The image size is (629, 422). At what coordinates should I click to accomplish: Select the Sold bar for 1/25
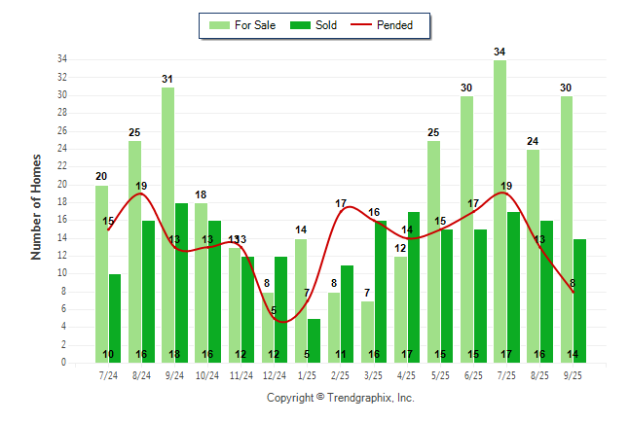click(x=314, y=340)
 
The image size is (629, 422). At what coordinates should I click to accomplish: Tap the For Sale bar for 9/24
click(x=168, y=225)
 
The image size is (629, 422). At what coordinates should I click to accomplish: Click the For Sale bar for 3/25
click(x=367, y=332)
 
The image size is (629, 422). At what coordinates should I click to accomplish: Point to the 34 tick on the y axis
click(x=61, y=59)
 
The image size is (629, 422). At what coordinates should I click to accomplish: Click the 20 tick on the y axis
click(x=61, y=185)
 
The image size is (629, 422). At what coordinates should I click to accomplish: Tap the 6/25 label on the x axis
click(x=474, y=375)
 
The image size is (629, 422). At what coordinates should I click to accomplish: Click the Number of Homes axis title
click(x=37, y=205)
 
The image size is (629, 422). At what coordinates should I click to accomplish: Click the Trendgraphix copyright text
click(x=341, y=398)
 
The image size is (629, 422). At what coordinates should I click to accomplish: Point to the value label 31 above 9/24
click(x=168, y=79)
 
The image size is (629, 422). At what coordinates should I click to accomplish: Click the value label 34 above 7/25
click(x=499, y=52)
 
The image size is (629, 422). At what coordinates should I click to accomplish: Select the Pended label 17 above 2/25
click(x=341, y=203)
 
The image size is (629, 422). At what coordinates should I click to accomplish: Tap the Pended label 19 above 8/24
click(x=141, y=186)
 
